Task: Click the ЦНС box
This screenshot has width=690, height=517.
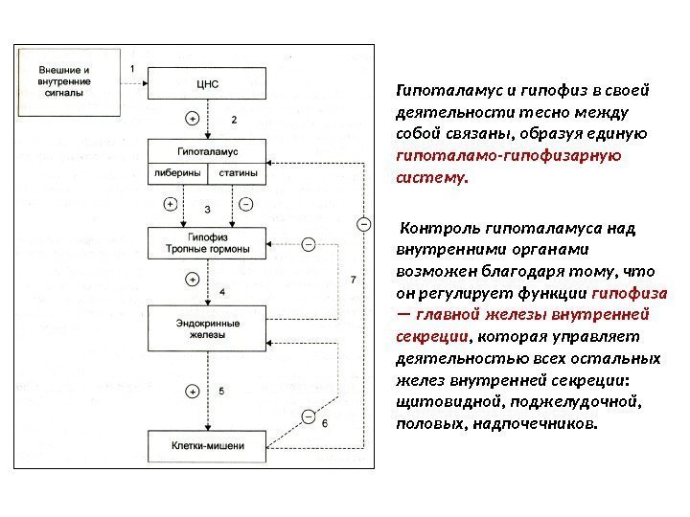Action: click(x=208, y=83)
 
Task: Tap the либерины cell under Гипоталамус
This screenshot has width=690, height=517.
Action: click(x=175, y=174)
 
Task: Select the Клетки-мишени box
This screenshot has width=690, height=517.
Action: click(x=208, y=445)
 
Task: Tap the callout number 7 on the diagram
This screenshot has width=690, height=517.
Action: click(x=354, y=280)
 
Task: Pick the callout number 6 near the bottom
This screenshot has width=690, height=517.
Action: click(x=323, y=422)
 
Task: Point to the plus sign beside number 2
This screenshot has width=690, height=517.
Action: click(x=193, y=119)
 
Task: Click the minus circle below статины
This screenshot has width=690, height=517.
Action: click(x=245, y=204)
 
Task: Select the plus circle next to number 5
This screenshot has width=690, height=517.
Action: click(x=193, y=391)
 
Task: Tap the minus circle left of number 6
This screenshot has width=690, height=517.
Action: click(x=308, y=416)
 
